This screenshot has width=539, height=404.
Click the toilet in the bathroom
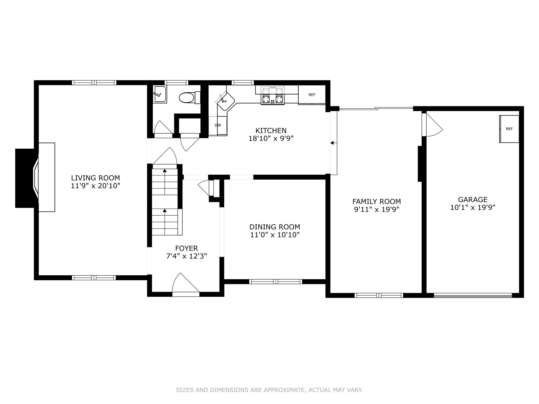click(189, 98)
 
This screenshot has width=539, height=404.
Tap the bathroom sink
click(160, 94)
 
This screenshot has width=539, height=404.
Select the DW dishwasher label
click(218, 125)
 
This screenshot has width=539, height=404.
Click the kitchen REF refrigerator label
click(312, 95)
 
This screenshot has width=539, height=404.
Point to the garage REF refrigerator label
click(509, 129)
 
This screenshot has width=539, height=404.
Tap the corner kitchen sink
click(225, 101)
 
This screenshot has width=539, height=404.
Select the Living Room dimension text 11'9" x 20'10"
click(96, 186)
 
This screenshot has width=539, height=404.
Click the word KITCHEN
click(271, 130)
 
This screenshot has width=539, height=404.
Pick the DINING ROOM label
click(275, 227)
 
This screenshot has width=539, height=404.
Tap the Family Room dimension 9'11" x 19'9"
click(377, 209)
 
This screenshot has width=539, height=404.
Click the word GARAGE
click(473, 200)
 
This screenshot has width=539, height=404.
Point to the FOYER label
click(187, 248)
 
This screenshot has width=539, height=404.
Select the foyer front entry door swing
click(186, 283)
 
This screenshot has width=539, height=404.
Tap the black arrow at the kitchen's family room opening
click(332, 143)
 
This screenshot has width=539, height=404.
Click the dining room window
click(276, 282)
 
